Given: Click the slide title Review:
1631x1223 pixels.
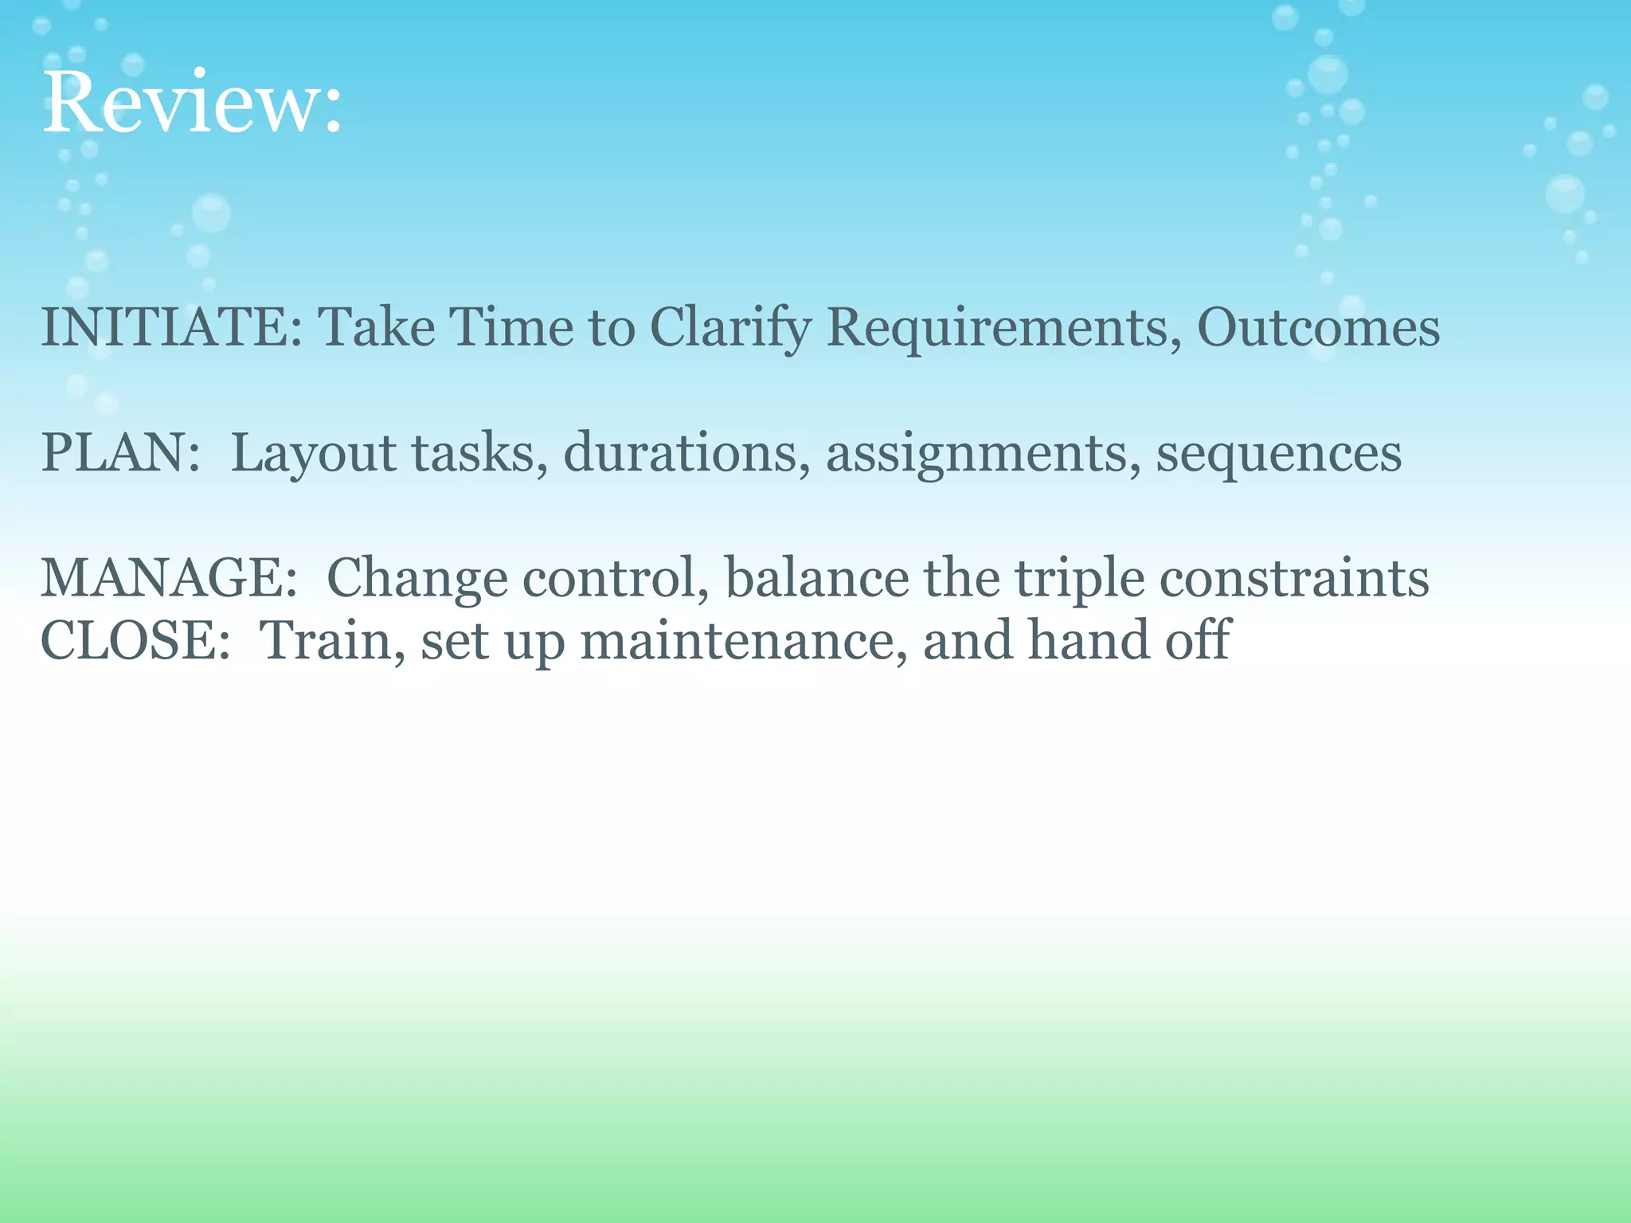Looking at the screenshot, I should point(191,104).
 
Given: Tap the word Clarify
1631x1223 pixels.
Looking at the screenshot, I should point(730,329).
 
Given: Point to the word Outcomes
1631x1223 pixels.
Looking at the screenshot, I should point(1318,327).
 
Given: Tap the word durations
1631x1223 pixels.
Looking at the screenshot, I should point(679,452).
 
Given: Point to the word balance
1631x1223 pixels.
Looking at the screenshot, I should point(816,578).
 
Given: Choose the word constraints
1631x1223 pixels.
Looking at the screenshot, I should point(1293,578).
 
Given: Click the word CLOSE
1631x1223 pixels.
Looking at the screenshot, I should point(127,640).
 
